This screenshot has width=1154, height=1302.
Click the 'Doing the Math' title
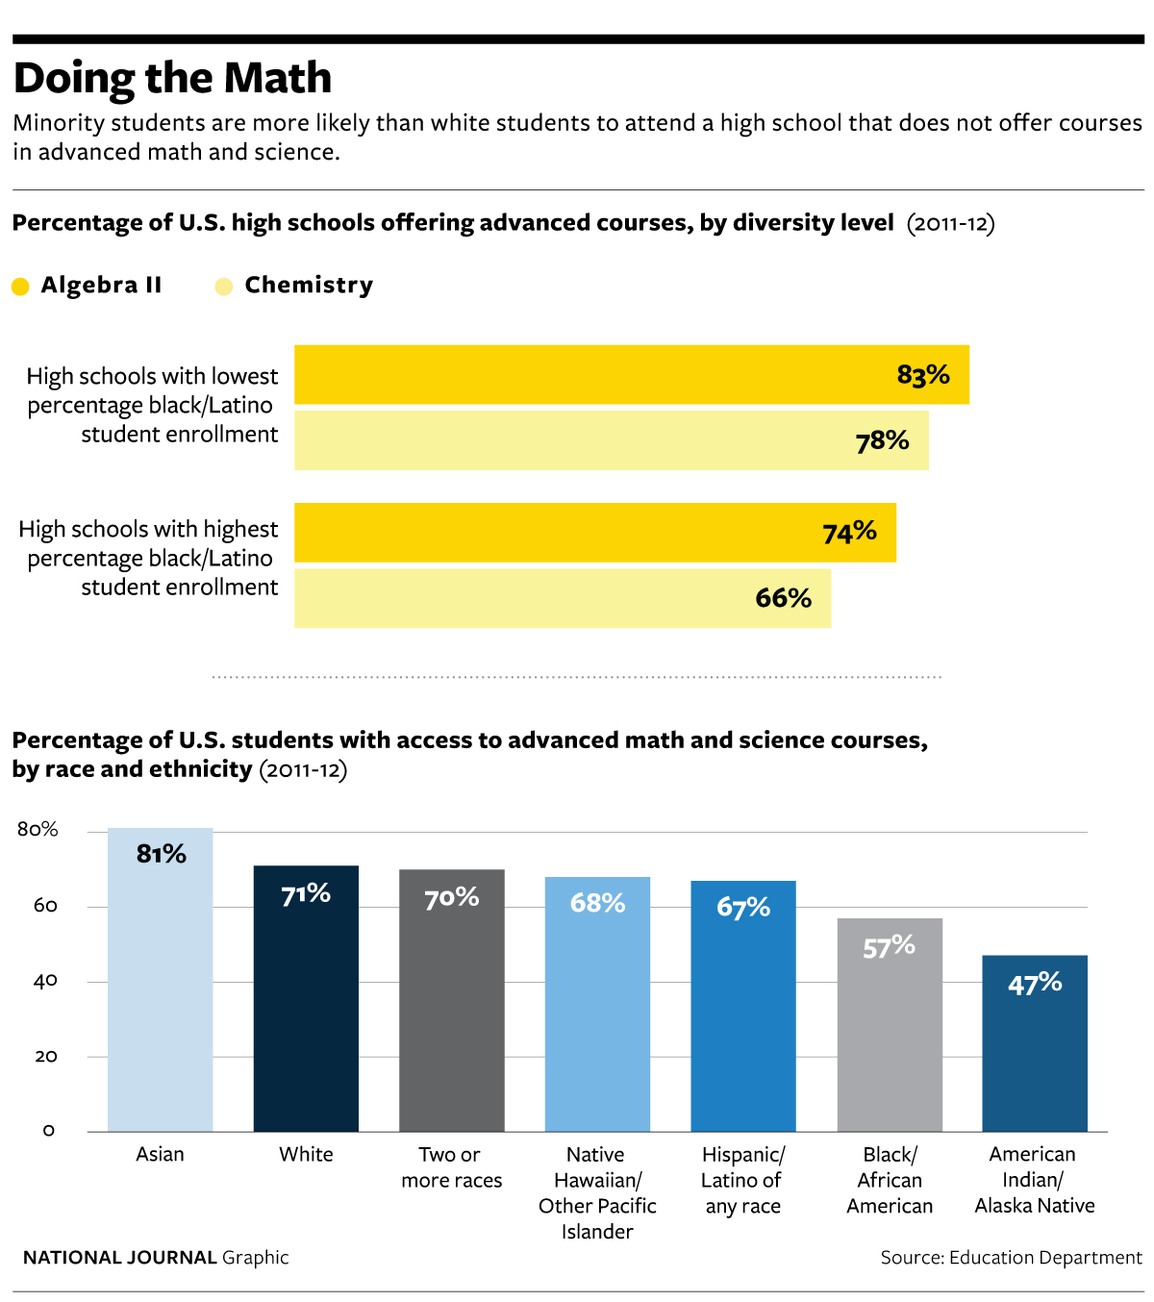pyautogui.click(x=172, y=78)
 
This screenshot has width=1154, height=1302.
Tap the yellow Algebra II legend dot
pyautogui.click(x=20, y=287)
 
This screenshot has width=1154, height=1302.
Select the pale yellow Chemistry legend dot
pyautogui.click(x=224, y=287)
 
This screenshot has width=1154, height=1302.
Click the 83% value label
pyautogui.click(x=923, y=375)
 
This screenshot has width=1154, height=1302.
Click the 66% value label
pyautogui.click(x=784, y=598)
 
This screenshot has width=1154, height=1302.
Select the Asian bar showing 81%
pyautogui.click(x=160, y=990)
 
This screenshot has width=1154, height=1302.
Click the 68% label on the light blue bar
pyautogui.click(x=597, y=903)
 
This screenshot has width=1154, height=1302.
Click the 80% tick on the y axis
pyautogui.click(x=38, y=830)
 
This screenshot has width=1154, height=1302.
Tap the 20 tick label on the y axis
pyautogui.click(x=45, y=1056)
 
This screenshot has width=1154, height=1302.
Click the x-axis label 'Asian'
pyautogui.click(x=160, y=1154)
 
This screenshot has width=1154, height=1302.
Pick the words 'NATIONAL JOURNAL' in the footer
pyautogui.click(x=120, y=1258)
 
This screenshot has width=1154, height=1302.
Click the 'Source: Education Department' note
pyautogui.click(x=1011, y=1258)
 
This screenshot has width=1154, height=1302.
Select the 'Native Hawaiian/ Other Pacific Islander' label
pyautogui.click(x=597, y=1192)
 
